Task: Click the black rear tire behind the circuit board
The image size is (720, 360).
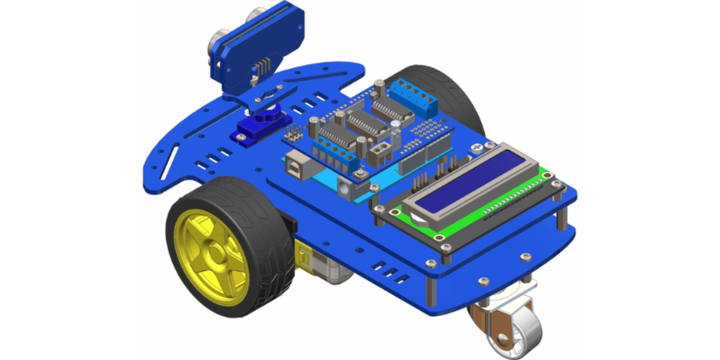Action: point(443,89)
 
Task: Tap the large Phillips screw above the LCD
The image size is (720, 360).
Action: point(477,148)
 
